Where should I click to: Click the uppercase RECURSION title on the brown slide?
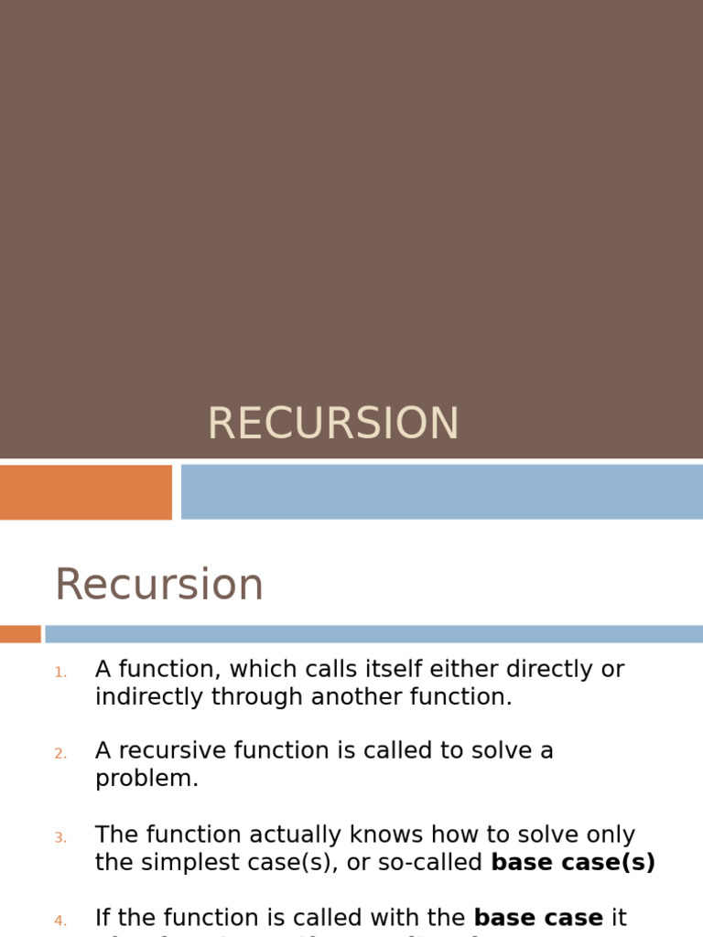pyautogui.click(x=333, y=424)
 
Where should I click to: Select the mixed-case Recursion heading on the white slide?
pyautogui.click(x=159, y=585)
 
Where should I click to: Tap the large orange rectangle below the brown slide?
pyautogui.click(x=85, y=492)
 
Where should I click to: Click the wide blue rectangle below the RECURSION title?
pyautogui.click(x=441, y=492)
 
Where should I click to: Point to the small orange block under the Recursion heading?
pyautogui.click(x=20, y=634)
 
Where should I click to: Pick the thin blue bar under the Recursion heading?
pyautogui.click(x=373, y=634)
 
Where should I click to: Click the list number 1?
pyautogui.click(x=60, y=673)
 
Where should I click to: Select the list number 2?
pyautogui.click(x=60, y=754)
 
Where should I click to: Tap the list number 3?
pyautogui.click(x=60, y=838)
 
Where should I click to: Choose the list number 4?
pyautogui.click(x=60, y=921)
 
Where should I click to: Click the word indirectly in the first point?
pyautogui.click(x=149, y=697)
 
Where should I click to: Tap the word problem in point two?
pyautogui.click(x=146, y=780)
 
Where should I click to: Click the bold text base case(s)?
pyautogui.click(x=573, y=863)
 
